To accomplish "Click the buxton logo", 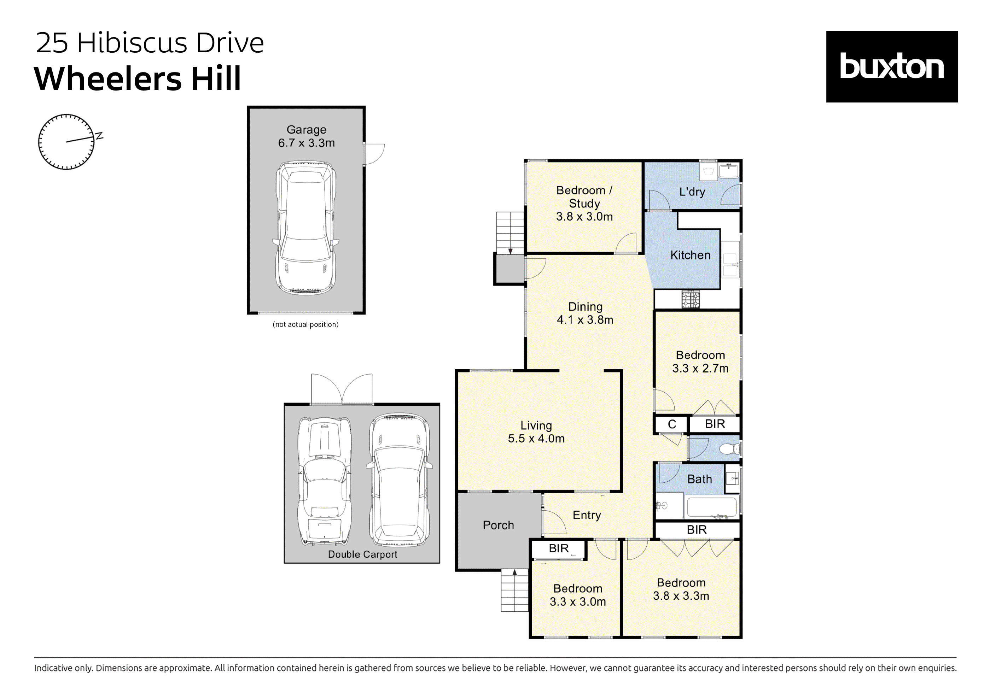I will click(x=891, y=67).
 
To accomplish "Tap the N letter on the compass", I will click(x=99, y=136).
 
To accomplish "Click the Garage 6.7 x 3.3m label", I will click(x=306, y=136).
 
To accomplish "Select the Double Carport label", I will click(x=362, y=554).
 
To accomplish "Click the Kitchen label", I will click(x=690, y=255).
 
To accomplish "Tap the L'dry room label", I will click(x=692, y=192).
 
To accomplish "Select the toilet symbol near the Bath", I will click(x=729, y=449).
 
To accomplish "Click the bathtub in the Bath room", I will click(x=711, y=507).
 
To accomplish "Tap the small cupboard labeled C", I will click(x=671, y=424).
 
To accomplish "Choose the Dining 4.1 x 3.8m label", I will click(x=585, y=313).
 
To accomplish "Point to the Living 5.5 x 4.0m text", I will click(x=536, y=432).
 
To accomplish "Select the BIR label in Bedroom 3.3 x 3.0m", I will click(x=558, y=548).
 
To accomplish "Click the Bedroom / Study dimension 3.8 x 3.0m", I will click(x=584, y=216).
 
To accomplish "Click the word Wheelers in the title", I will click(x=108, y=79).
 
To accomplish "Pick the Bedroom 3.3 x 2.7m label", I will click(x=700, y=362).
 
